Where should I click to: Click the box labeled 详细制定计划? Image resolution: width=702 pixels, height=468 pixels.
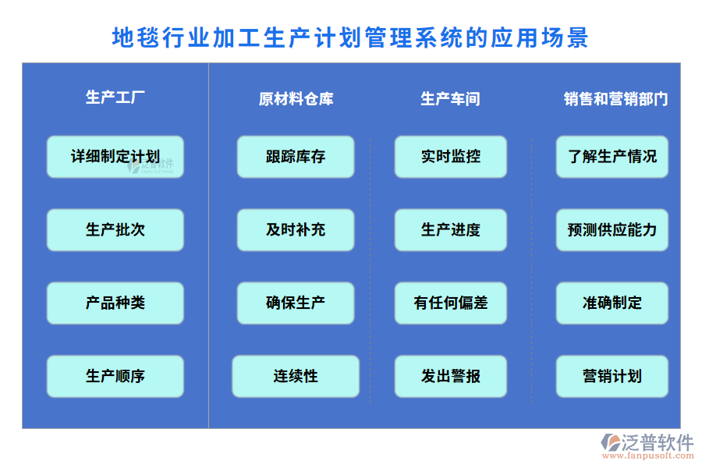point(115,157)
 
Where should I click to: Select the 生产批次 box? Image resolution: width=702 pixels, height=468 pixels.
point(115,230)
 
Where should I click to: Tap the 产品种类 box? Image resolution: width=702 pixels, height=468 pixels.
point(115,303)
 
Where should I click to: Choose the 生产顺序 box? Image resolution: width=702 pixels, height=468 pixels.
point(115,376)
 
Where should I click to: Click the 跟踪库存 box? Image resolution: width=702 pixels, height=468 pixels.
point(296,157)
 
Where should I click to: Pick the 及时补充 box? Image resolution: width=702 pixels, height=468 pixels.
point(296,230)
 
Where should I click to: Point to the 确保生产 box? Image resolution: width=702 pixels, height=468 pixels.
point(296,303)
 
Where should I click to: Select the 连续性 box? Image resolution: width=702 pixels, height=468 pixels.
point(296,376)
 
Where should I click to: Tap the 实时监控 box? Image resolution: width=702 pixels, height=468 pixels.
point(450,157)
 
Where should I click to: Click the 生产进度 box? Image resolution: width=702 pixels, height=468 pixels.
point(450,230)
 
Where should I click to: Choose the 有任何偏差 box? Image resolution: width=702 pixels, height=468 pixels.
point(450,303)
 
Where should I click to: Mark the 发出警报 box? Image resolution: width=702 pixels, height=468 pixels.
point(450,376)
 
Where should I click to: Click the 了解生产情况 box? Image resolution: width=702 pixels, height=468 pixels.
point(612,157)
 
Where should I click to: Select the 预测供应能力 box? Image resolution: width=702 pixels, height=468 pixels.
point(612,230)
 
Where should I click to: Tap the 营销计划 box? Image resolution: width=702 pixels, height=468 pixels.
point(612,376)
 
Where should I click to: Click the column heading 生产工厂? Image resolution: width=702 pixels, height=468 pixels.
point(115,97)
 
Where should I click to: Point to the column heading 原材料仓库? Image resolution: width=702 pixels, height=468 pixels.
point(296,99)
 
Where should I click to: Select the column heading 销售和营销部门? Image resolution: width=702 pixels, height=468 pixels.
point(615,99)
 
